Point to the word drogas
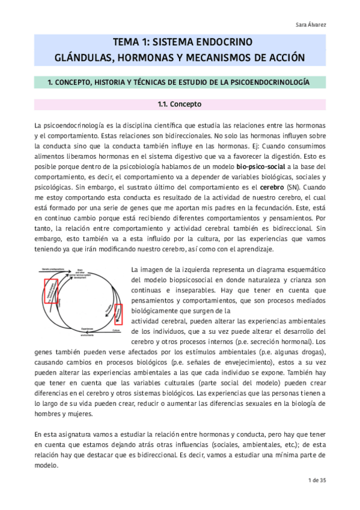click(x=310, y=351)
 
